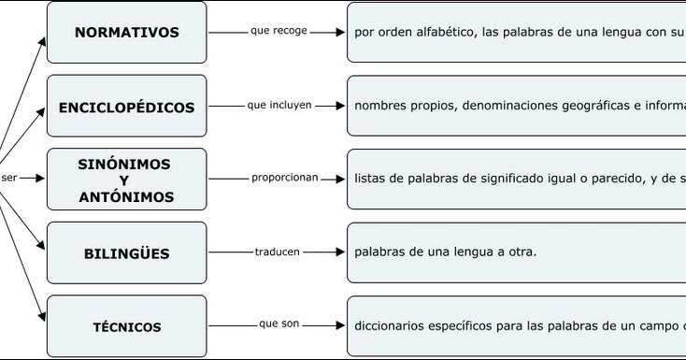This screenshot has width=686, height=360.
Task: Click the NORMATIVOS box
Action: click(x=126, y=33)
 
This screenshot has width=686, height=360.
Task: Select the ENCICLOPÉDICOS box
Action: click(x=126, y=107)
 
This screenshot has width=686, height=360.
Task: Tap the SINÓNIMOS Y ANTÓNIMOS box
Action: click(x=126, y=180)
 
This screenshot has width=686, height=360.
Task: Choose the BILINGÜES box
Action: click(x=126, y=253)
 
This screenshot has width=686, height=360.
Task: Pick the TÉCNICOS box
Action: click(x=126, y=327)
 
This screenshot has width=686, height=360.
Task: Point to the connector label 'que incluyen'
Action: click(x=279, y=105)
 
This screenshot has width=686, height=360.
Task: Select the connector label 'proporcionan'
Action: click(x=284, y=177)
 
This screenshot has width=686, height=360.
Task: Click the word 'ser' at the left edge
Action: click(x=9, y=178)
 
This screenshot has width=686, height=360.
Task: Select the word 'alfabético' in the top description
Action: click(x=440, y=33)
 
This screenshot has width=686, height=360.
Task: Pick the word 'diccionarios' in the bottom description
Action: click(x=392, y=326)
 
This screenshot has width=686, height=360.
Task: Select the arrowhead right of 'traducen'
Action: click(x=339, y=252)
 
